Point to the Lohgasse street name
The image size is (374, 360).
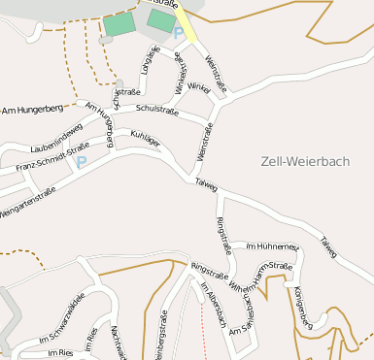tap(150, 59)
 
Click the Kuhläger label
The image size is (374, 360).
tap(145, 142)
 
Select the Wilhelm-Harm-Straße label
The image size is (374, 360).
tap(260, 277)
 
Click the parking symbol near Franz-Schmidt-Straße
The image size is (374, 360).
tap(82, 162)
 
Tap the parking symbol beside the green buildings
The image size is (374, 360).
tap(178, 34)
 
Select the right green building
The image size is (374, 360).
tap(160, 19)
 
